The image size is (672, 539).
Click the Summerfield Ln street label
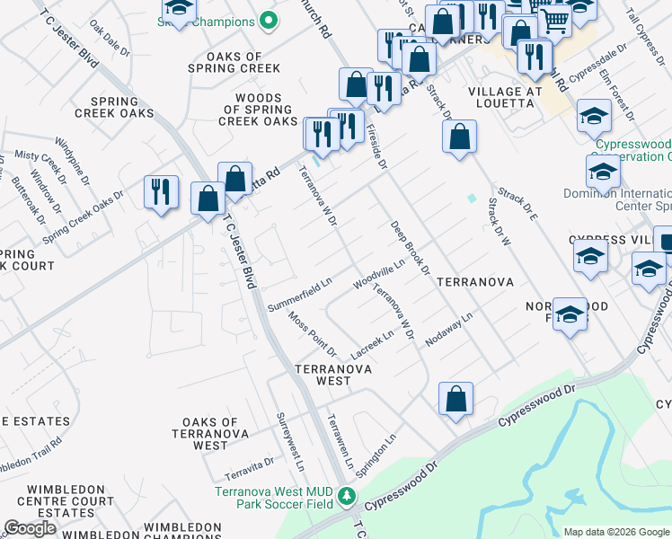pyautogui.click(x=300, y=294)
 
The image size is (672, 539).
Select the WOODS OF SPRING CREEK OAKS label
pyautogui.click(x=259, y=110)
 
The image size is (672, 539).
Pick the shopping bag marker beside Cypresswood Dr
pyautogui.click(x=455, y=398)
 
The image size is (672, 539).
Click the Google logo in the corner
pyautogui.click(x=30, y=528)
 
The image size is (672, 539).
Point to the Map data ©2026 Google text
pyautogui.click(x=616, y=531)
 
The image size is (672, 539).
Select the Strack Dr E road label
pyautogui.click(x=517, y=205)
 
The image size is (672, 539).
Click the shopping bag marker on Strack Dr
pyautogui.click(x=459, y=137)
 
